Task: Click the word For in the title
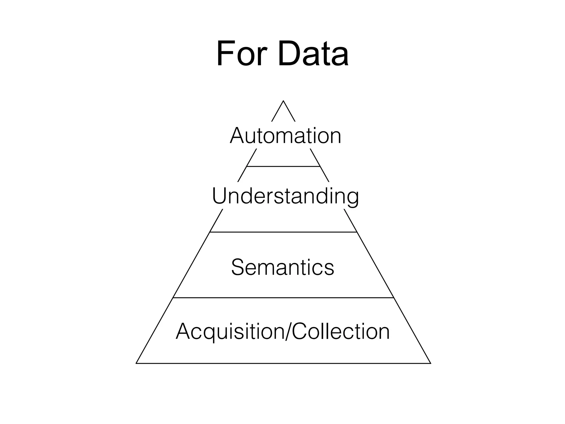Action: pos(242,54)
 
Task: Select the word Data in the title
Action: pos(313,54)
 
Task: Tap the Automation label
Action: pos(286,136)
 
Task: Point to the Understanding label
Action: pos(285,196)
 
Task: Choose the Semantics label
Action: pos(283,267)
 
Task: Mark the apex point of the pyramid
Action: pos(283,101)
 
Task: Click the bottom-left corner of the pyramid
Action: pos(136,363)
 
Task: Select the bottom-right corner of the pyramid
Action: pos(430,363)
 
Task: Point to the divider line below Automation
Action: pos(283,166)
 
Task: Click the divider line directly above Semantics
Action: pos(283,232)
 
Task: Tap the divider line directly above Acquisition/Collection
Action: pos(283,298)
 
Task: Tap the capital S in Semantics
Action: pos(238,267)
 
